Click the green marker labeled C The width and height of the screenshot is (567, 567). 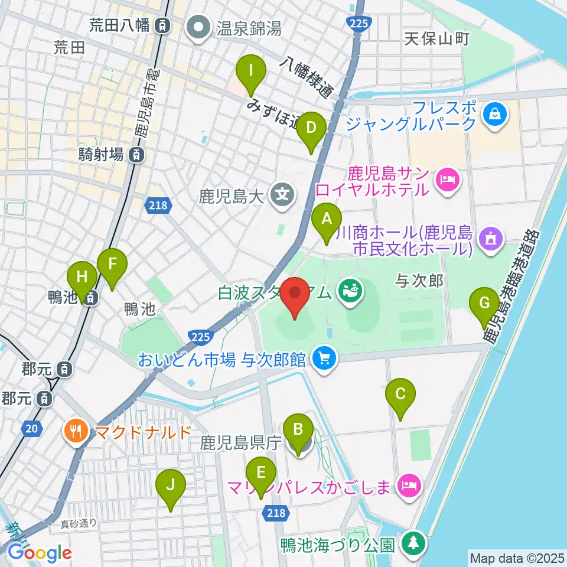pos(400,394)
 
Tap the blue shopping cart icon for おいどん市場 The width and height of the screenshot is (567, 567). pos(324,358)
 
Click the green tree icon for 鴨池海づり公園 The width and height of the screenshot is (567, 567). pos(413,543)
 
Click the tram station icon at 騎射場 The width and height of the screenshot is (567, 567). pos(136,155)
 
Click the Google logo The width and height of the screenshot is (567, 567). pos(40,553)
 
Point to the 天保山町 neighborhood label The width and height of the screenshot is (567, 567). pos(437,40)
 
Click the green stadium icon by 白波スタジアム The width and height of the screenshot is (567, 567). pos(351,289)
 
